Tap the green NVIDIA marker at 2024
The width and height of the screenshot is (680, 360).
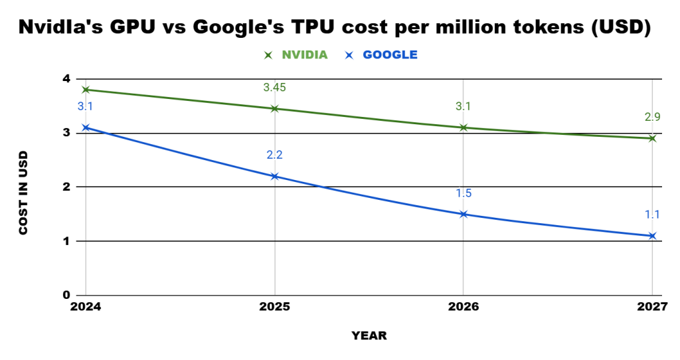[85, 90]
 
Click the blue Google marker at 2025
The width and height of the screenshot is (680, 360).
[274, 176]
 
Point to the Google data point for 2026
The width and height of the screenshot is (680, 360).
[464, 214]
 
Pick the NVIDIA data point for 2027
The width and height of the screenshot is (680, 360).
[652, 138]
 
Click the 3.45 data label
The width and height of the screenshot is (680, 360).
[274, 88]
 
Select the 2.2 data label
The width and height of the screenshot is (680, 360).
[274, 155]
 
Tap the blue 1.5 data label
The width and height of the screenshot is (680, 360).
[464, 193]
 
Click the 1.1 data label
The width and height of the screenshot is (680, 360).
[652, 215]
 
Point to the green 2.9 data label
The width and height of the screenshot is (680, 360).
[652, 118]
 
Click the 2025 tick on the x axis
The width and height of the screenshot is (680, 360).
[274, 306]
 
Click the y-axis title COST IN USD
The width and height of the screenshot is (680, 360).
[23, 192]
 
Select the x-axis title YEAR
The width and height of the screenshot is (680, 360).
[369, 335]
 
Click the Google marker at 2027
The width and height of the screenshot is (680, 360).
[652, 236]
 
